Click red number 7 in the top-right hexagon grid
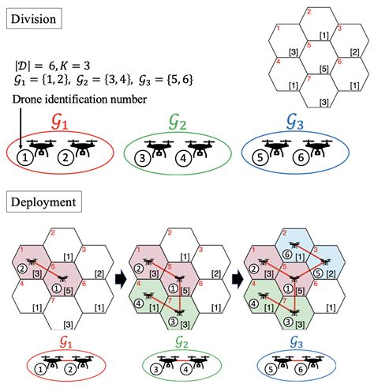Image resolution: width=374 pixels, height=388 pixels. point(309,78)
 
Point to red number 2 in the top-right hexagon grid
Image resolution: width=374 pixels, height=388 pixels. point(308,11)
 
